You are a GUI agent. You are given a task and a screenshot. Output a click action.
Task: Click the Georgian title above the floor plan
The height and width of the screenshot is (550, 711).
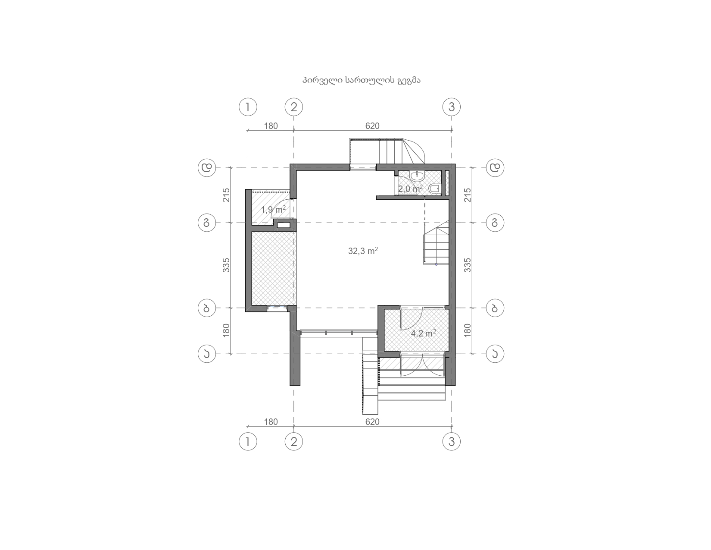[x=361, y=80]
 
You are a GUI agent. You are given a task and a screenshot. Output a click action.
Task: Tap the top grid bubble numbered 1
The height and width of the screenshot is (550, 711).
[x=248, y=107]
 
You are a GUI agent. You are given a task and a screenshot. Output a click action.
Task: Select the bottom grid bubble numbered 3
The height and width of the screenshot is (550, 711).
[x=452, y=442]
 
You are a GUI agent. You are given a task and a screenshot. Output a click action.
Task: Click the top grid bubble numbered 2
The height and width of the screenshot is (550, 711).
[x=293, y=107]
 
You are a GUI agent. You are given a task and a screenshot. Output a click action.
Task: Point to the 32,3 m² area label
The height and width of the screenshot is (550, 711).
[x=363, y=251]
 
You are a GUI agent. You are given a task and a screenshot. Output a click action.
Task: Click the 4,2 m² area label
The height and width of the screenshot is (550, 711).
[x=424, y=333]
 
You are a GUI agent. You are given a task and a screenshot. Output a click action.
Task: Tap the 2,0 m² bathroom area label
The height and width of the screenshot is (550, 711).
[x=410, y=189]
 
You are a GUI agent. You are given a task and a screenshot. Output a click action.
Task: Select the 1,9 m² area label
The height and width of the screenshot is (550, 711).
[x=273, y=209]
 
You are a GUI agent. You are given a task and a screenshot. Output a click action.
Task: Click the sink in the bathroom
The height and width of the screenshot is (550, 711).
[x=417, y=176]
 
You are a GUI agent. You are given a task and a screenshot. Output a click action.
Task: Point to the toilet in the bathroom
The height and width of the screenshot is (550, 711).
[x=434, y=189]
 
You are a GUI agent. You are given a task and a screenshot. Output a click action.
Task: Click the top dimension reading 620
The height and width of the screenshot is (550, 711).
[x=372, y=126]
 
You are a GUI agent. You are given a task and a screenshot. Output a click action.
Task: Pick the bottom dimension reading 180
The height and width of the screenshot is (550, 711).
[x=271, y=421]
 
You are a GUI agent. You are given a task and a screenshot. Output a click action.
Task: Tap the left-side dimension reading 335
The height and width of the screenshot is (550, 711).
[x=226, y=265]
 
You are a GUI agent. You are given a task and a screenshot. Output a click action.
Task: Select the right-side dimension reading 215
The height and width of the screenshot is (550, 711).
[x=468, y=195]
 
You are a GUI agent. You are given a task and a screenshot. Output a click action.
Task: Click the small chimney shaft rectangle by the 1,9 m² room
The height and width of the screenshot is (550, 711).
[x=284, y=225]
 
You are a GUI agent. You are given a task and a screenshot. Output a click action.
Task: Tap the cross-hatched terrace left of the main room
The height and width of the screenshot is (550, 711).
[x=274, y=268]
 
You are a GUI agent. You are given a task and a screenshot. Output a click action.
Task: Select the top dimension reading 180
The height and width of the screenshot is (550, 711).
[x=271, y=126]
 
